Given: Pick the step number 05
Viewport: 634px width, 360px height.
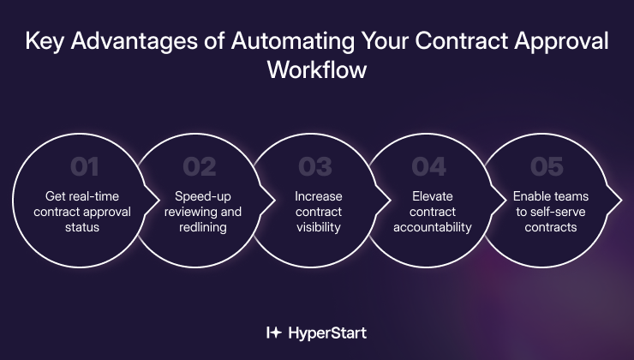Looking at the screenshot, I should (x=546, y=165).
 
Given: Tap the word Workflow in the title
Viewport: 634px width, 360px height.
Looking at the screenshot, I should (x=317, y=69).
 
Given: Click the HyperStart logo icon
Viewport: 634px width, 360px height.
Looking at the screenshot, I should (x=274, y=332).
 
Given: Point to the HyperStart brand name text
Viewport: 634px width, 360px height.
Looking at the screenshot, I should (x=329, y=332).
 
